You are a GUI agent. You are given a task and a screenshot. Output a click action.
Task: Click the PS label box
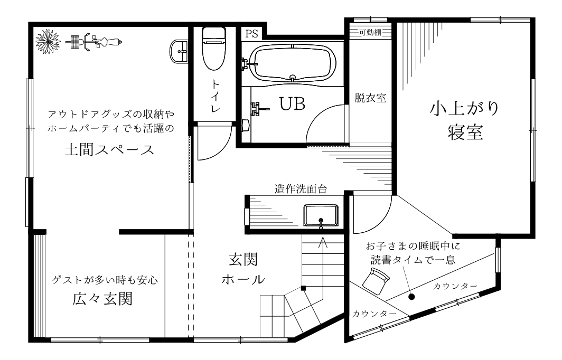pos(252,34)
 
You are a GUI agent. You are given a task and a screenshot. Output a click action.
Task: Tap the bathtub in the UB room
pos(293,63)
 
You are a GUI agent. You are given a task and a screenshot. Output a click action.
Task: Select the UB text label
pos(292,104)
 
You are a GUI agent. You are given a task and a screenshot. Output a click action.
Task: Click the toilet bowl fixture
pos(214,49)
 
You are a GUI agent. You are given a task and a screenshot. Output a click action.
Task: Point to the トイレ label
pos(215,96)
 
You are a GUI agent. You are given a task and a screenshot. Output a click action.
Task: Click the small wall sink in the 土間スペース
pos(179,52)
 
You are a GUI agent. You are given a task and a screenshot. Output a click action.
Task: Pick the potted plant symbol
pos(48,42)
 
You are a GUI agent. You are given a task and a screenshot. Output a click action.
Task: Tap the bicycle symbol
pos(94,42)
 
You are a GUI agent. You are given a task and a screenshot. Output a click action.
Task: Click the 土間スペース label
pos(109,150)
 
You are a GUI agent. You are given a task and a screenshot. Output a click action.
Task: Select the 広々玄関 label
pos(102,299)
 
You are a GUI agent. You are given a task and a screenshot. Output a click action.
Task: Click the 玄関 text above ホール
pos(243,260)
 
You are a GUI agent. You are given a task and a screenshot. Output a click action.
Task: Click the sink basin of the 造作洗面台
pos(321,216)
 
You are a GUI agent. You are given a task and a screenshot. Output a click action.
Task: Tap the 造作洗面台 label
pos(301,189)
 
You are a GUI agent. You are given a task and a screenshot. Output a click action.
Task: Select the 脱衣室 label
pos(370,98)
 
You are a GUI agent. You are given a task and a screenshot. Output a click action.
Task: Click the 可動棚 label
pos(370,33)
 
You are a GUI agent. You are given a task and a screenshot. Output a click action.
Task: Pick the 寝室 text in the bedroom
pos(465,132)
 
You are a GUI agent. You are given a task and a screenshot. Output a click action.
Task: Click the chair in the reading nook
pos(376,281)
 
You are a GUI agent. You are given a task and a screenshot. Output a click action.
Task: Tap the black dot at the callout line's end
pos(411,297)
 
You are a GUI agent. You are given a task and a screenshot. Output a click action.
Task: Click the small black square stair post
pos(303,288)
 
